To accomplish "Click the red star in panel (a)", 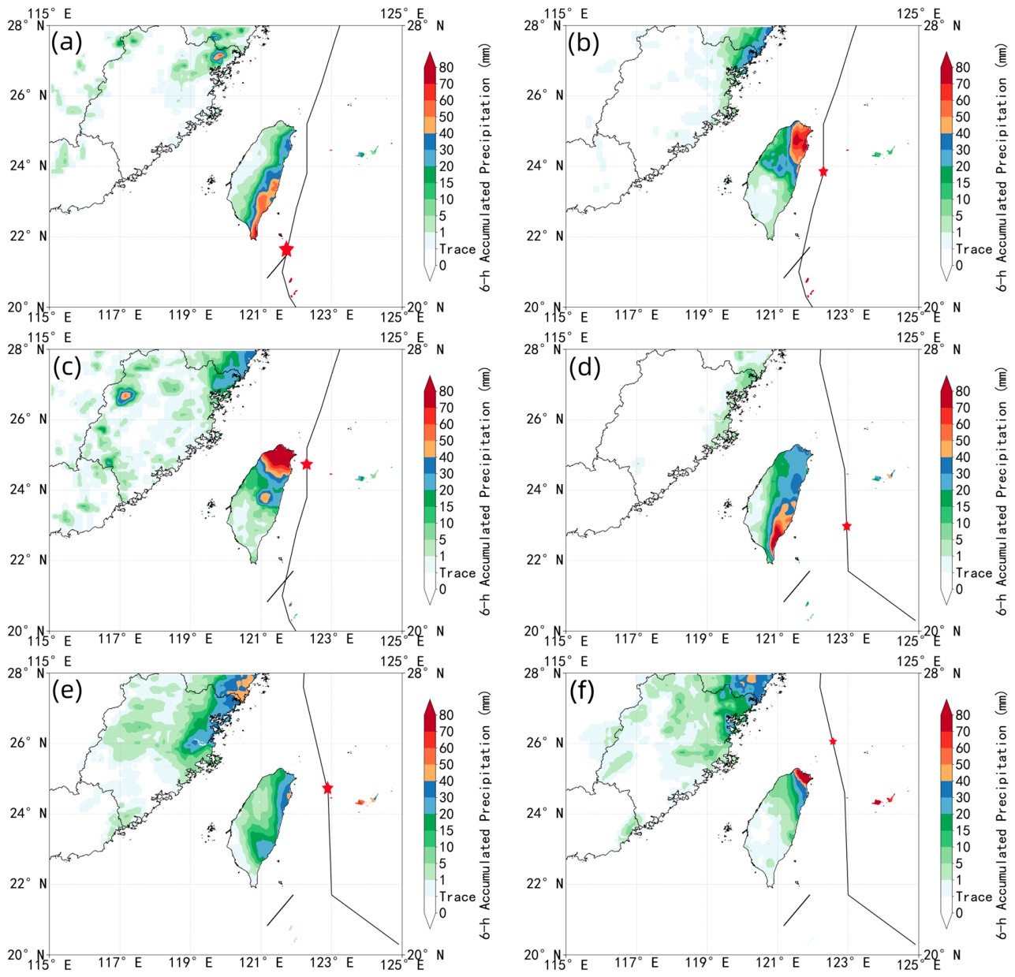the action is tap(286, 249).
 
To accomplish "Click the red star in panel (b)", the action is tap(823, 172).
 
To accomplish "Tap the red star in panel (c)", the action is tap(307, 464).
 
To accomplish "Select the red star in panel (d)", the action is tap(846, 526).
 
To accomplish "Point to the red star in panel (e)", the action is tap(327, 789).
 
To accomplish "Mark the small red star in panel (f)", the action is tap(833, 741).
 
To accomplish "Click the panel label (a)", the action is tap(66, 43).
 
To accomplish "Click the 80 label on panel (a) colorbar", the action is tap(446, 67).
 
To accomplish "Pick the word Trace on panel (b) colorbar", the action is tap(974, 249).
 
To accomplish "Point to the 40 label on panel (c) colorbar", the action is tap(446, 457).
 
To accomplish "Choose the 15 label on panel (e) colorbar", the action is tap(446, 830).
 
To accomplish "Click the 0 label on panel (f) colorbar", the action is tap(959, 913).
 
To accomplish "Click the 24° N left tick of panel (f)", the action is tap(544, 813).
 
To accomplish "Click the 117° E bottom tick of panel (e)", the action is tap(120, 962).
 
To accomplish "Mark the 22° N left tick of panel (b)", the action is tap(544, 237).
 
